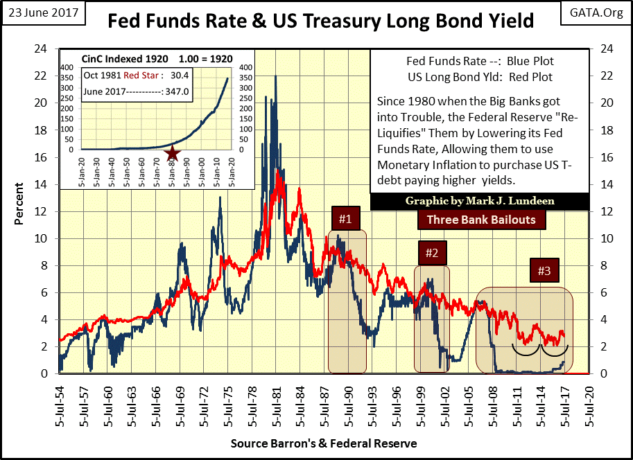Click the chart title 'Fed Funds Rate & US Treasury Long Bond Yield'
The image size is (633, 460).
(320, 21)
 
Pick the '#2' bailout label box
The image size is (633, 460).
(431, 253)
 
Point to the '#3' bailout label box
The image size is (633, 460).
(544, 270)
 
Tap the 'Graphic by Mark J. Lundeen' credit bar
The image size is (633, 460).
(480, 202)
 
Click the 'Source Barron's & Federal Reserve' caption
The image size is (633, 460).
(323, 443)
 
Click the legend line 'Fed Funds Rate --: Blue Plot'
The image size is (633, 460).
(480, 64)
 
